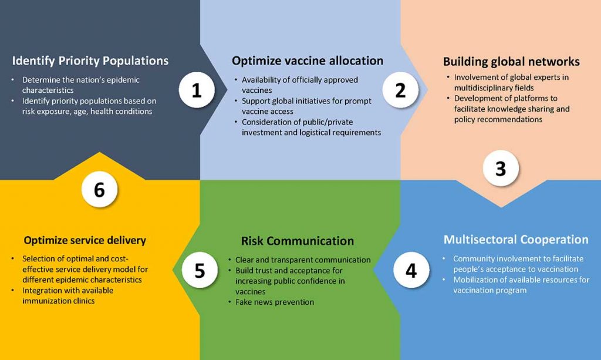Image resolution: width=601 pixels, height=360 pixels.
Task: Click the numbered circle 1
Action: click(x=197, y=90)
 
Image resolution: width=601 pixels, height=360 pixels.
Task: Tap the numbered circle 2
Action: click(x=400, y=90)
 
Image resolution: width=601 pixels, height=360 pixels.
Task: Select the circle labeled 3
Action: click(x=501, y=168)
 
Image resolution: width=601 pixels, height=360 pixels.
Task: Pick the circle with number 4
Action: click(x=411, y=270)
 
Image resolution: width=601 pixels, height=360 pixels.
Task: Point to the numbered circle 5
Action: click(x=200, y=270)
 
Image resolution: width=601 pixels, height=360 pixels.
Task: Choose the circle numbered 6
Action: click(x=99, y=189)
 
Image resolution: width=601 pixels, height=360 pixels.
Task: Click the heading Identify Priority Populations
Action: click(x=90, y=60)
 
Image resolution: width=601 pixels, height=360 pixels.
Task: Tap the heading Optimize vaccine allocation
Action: click(x=308, y=60)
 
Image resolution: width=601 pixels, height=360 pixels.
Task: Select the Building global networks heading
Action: click(x=511, y=61)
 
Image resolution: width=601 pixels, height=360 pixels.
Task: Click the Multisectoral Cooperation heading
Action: click(x=516, y=239)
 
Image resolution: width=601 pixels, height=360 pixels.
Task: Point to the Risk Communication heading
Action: click(x=298, y=241)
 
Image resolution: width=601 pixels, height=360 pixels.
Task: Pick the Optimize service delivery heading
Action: click(x=85, y=240)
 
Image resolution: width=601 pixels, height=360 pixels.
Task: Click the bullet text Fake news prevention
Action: click(x=275, y=302)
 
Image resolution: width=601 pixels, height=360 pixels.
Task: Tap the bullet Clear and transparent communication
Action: click(x=303, y=260)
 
